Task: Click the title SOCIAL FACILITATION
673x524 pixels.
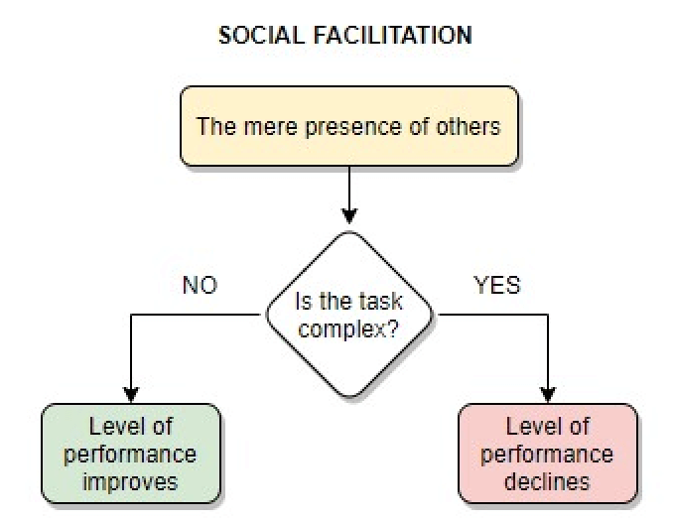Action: [x=345, y=36]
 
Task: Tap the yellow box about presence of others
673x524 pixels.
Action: [x=348, y=126]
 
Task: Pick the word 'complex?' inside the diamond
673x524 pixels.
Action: [x=348, y=328]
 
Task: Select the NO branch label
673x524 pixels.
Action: [x=200, y=286]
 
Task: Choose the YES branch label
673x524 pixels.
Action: [x=497, y=286]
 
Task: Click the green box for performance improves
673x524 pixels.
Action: [x=130, y=454]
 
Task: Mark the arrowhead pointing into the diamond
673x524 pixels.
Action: [x=348, y=213]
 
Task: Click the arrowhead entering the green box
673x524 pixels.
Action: [x=131, y=394]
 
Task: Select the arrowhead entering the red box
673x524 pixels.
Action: [x=548, y=394]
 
